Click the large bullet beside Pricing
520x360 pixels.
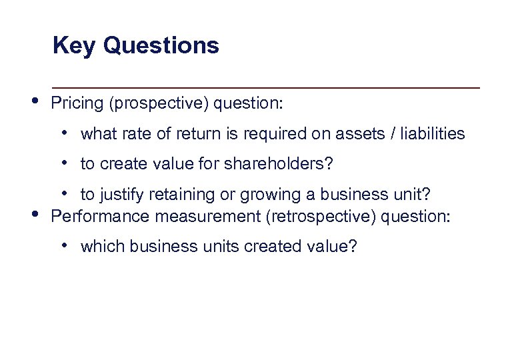34,101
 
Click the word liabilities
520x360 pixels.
438,134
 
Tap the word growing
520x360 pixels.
241,195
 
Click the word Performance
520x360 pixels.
95,217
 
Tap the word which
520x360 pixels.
103,247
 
